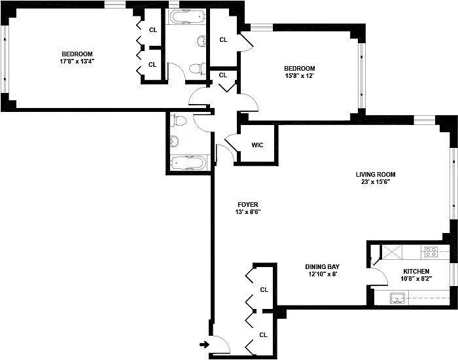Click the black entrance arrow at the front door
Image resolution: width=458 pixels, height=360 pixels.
coord(204,344)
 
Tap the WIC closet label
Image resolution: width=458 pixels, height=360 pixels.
coord(257,145)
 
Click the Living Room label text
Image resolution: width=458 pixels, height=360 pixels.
coord(376,174)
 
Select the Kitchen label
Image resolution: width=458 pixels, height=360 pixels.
coord(416,271)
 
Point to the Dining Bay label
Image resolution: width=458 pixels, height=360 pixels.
coord(322,266)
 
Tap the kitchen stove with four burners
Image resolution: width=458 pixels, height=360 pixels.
coord(431,251)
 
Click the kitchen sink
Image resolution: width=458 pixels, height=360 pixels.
coord(397,298)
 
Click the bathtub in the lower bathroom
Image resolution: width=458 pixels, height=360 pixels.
coord(188,162)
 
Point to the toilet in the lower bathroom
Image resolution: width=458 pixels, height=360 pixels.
coord(178,121)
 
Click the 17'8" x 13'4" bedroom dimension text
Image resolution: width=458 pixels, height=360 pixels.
coord(77,62)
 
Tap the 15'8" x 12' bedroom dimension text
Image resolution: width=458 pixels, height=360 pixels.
coord(300,77)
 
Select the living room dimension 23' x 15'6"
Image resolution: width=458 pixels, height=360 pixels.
coord(376,183)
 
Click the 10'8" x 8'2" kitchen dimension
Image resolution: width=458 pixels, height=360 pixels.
coord(416,279)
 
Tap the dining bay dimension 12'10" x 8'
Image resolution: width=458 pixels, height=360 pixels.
coord(322,275)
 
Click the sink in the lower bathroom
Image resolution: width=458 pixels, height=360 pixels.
coord(175,141)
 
